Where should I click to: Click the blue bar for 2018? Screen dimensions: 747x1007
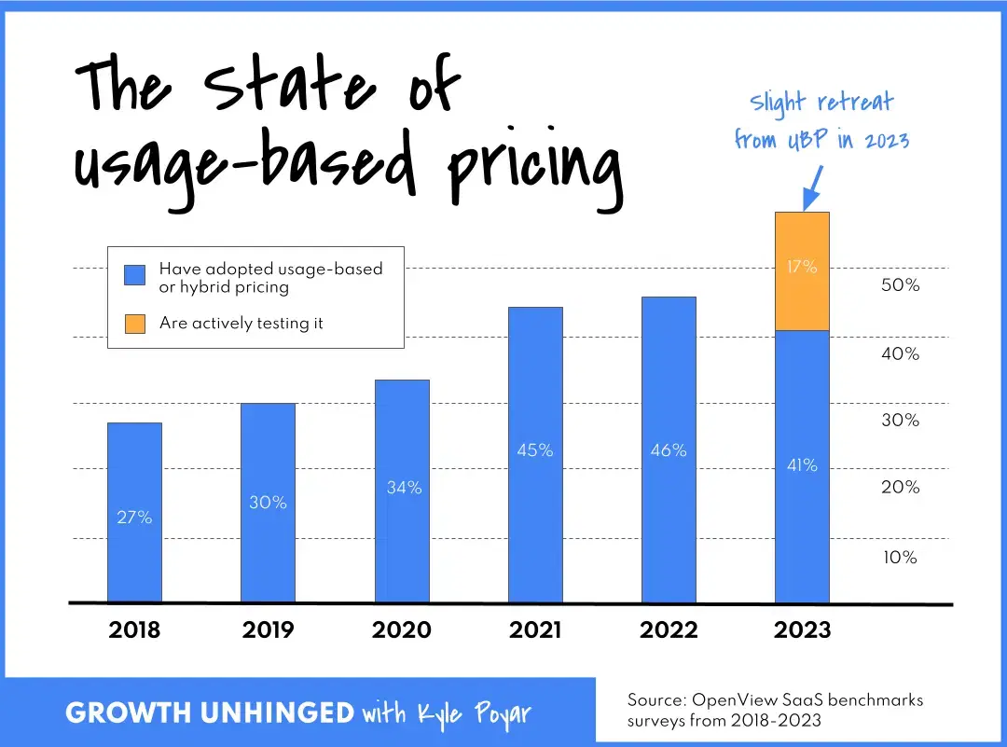pyautogui.click(x=134, y=560)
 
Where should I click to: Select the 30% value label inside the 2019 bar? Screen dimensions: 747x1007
pyautogui.click(x=268, y=503)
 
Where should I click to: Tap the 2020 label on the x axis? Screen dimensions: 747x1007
pyautogui.click(x=402, y=630)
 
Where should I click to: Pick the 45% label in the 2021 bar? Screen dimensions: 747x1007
pyautogui.click(x=535, y=450)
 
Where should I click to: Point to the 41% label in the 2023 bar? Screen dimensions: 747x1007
pyautogui.click(x=802, y=464)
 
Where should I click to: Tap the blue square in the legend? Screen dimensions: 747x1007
pyautogui.click(x=135, y=275)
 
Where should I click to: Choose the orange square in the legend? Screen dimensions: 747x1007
pyautogui.click(x=135, y=324)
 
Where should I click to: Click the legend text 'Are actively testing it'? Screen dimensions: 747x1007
pyautogui.click(x=241, y=324)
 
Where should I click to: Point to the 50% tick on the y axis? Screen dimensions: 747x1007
pyautogui.click(x=900, y=285)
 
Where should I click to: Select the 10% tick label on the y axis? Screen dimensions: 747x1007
pyautogui.click(x=900, y=558)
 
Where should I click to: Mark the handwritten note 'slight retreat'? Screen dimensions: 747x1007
pyautogui.click(x=821, y=102)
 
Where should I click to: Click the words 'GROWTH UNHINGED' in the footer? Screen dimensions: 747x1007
pyautogui.click(x=209, y=713)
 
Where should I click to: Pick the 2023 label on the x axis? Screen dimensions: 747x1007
pyautogui.click(x=802, y=630)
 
